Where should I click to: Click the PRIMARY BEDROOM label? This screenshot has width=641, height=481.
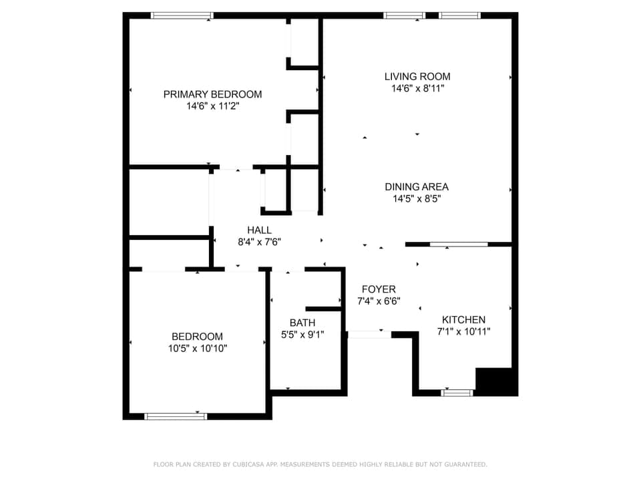click(x=212, y=94)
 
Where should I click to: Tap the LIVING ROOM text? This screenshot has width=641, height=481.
click(x=417, y=76)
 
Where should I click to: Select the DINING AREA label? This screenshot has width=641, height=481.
click(x=417, y=186)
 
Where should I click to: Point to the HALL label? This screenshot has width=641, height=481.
click(x=259, y=230)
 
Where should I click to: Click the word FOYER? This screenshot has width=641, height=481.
click(x=379, y=289)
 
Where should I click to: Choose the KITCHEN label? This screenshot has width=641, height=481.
click(x=463, y=319)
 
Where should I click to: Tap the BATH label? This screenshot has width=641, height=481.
click(x=302, y=323)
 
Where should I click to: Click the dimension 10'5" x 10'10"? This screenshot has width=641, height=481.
click(x=198, y=348)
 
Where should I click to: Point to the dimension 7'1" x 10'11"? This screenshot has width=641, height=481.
click(x=463, y=331)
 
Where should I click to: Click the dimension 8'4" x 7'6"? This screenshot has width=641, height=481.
click(x=259, y=242)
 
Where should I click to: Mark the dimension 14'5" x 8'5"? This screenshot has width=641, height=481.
click(x=417, y=198)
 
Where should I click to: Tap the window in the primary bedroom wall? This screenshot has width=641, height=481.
click(x=182, y=15)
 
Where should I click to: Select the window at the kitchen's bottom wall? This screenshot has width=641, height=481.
click(x=457, y=393)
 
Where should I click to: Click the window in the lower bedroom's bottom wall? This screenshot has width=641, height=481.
click(x=176, y=416)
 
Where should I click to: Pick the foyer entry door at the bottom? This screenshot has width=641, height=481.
click(x=369, y=334)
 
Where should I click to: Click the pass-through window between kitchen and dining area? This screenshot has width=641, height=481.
click(x=458, y=245)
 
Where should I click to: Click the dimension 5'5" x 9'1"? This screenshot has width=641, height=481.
click(x=302, y=335)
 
